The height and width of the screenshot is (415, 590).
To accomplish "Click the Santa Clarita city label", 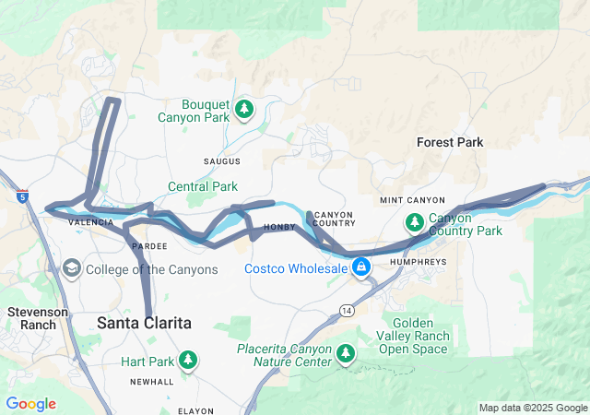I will click(145, 323).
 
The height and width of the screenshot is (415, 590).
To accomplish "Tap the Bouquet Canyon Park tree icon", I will click(244, 110).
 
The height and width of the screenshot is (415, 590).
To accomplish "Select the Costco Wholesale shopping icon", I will click(360, 268).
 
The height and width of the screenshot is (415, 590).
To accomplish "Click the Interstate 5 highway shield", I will click(22, 195).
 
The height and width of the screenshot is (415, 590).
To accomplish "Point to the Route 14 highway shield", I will click(345, 307).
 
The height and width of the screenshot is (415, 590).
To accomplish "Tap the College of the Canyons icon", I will click(71, 269).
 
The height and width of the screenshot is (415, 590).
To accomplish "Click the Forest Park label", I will click(450, 142).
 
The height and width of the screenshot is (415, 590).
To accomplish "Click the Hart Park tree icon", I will click(188, 360).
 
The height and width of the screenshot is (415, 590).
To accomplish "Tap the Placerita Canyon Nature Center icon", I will click(346, 353).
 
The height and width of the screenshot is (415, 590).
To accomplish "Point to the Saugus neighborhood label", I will click(221, 161).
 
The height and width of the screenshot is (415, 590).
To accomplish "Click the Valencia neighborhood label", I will click(90, 223).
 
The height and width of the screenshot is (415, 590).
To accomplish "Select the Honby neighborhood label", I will click(278, 227).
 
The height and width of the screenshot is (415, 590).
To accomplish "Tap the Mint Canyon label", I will click(412, 200).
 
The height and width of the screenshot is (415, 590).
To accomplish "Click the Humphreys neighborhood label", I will click(418, 262).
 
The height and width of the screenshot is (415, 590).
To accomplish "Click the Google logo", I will click(30, 404).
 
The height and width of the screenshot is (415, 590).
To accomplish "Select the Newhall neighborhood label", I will click(151, 382).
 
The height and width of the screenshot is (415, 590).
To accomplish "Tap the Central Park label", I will click(202, 186).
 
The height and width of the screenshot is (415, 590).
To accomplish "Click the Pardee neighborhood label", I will click(149, 247).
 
